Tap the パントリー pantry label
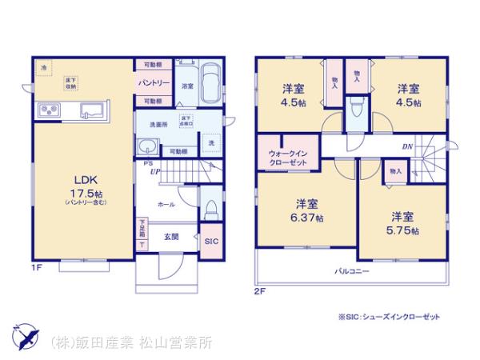point(154,83)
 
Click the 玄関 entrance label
point(171,235)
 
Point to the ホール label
point(166,204)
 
